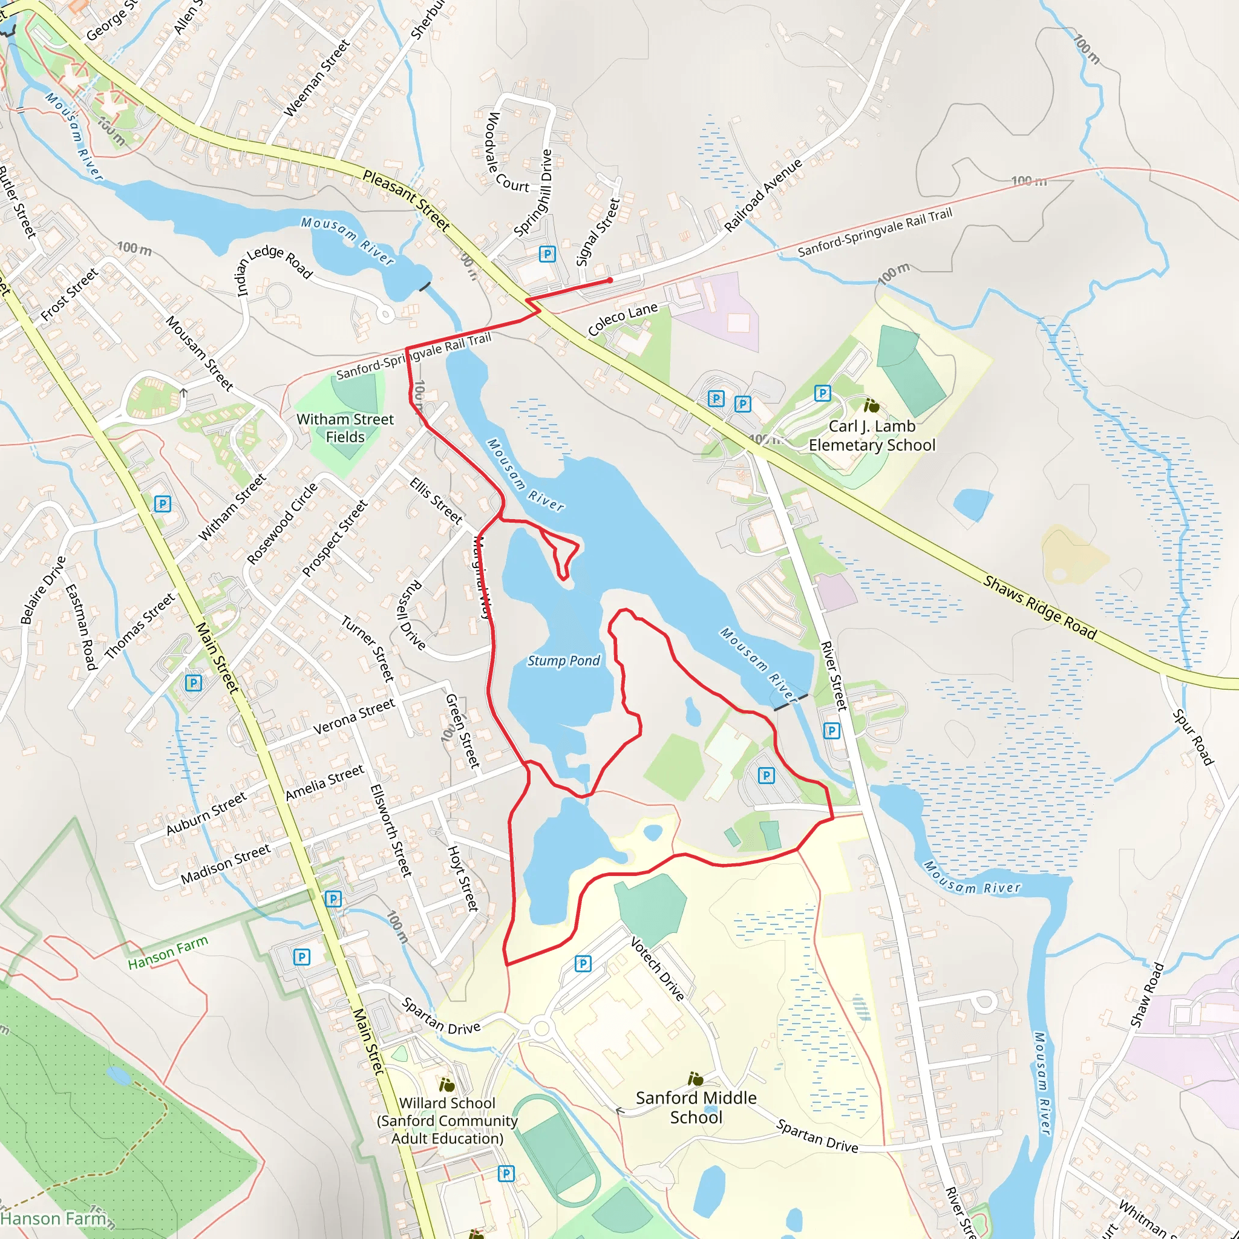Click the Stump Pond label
pyautogui.click(x=563, y=661)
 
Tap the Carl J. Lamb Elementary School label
pyautogui.click(x=872, y=436)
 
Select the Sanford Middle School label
pyautogui.click(x=696, y=1107)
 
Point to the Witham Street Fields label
pyautogui.click(x=345, y=428)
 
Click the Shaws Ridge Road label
pyautogui.click(x=1039, y=607)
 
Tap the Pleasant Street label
pyautogui.click(x=407, y=200)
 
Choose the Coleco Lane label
pyautogui.click(x=622, y=319)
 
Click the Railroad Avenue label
pyautogui.click(x=763, y=194)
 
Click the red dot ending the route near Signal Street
pyautogui.click(x=610, y=280)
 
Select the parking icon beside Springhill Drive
pyautogui.click(x=547, y=254)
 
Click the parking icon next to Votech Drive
pyautogui.click(x=583, y=963)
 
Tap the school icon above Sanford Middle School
pyautogui.click(x=695, y=1079)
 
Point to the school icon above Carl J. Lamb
pyautogui.click(x=871, y=405)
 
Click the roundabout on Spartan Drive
pyautogui.click(x=542, y=1029)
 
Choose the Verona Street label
pyautogui.click(x=354, y=717)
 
